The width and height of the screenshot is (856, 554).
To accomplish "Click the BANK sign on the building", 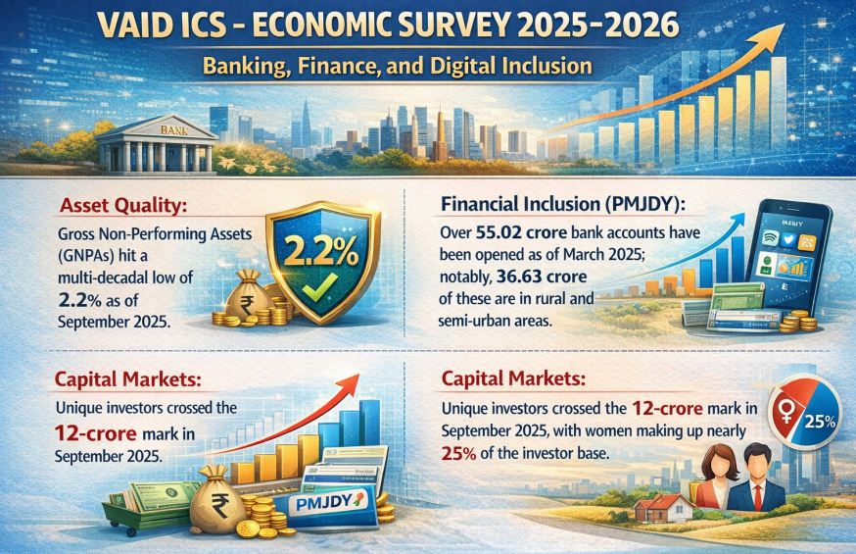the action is [174, 130].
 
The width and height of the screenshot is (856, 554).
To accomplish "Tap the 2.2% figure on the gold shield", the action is [321, 252].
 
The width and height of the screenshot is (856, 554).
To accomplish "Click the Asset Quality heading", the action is [123, 206].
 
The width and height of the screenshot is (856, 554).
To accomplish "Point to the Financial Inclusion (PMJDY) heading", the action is [563, 204].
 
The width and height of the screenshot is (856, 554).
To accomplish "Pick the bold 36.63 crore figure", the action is [542, 277].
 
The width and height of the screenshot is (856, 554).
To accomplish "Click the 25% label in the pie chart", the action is [821, 422].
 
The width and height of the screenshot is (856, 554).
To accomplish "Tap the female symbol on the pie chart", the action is [786, 412].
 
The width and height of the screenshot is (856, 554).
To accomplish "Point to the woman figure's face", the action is [715, 462].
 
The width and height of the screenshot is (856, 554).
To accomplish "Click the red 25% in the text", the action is [458, 453].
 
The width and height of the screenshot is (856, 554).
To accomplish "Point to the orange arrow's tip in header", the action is [785, 25].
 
